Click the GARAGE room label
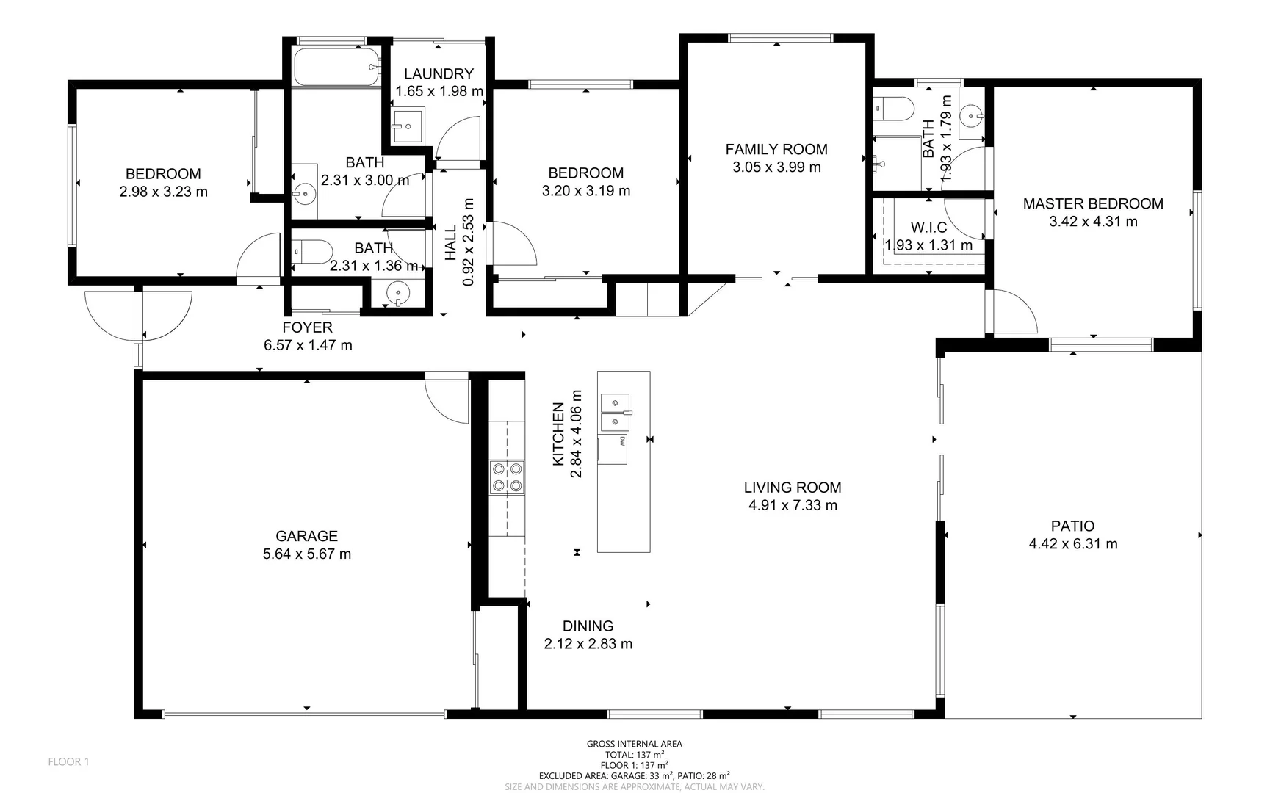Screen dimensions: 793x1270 [306, 536]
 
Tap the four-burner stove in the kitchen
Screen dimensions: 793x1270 [507, 477]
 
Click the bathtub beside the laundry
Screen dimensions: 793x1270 [336, 67]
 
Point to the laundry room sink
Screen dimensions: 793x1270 [406, 126]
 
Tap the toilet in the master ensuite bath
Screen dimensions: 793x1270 [893, 108]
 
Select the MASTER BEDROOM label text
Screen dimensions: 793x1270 [1092, 203]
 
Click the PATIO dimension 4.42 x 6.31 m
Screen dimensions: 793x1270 [1072, 544]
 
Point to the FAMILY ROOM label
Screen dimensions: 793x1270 [776, 149]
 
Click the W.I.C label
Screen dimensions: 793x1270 [928, 228]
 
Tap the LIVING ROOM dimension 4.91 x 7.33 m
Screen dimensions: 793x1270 [792, 505]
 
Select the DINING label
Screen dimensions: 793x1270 [588, 626]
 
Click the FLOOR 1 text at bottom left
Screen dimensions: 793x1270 [68, 761]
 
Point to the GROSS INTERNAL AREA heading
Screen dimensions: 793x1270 [634, 744]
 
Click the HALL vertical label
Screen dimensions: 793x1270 [450, 242]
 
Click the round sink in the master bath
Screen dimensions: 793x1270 [972, 115]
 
